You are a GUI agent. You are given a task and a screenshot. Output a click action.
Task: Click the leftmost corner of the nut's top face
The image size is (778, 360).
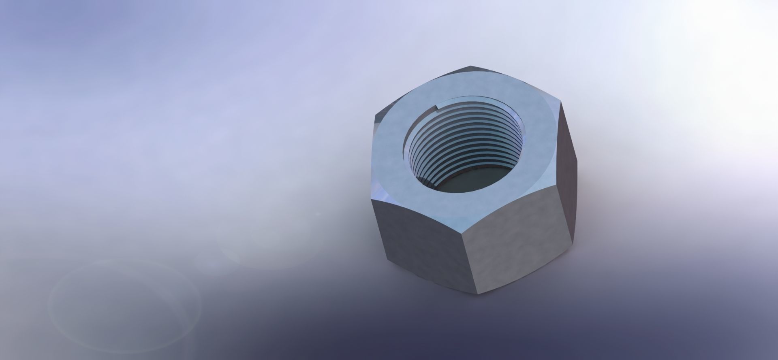coord(372,120)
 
